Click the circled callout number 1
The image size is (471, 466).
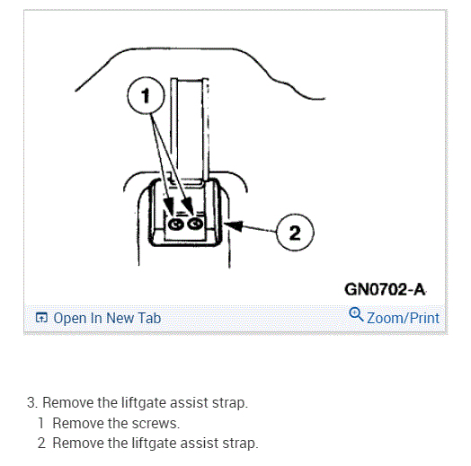click(146, 95)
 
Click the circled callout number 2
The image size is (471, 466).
click(295, 233)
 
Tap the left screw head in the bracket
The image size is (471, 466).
click(175, 224)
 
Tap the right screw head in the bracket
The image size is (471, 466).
click(195, 224)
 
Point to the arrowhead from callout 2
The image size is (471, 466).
click(234, 225)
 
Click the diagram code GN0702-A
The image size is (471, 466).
click(385, 289)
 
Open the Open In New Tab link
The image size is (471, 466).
click(107, 318)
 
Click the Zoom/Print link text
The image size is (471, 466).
click(403, 318)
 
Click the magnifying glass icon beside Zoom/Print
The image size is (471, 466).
click(356, 314)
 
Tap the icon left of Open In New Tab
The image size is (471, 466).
click(41, 318)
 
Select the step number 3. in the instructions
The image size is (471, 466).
click(32, 402)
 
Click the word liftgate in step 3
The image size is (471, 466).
click(144, 402)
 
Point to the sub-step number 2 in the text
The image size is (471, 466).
click(41, 444)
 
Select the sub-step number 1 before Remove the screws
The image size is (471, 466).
click(41, 423)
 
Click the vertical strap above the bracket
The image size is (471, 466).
click(190, 129)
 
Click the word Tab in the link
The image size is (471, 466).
click(150, 318)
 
